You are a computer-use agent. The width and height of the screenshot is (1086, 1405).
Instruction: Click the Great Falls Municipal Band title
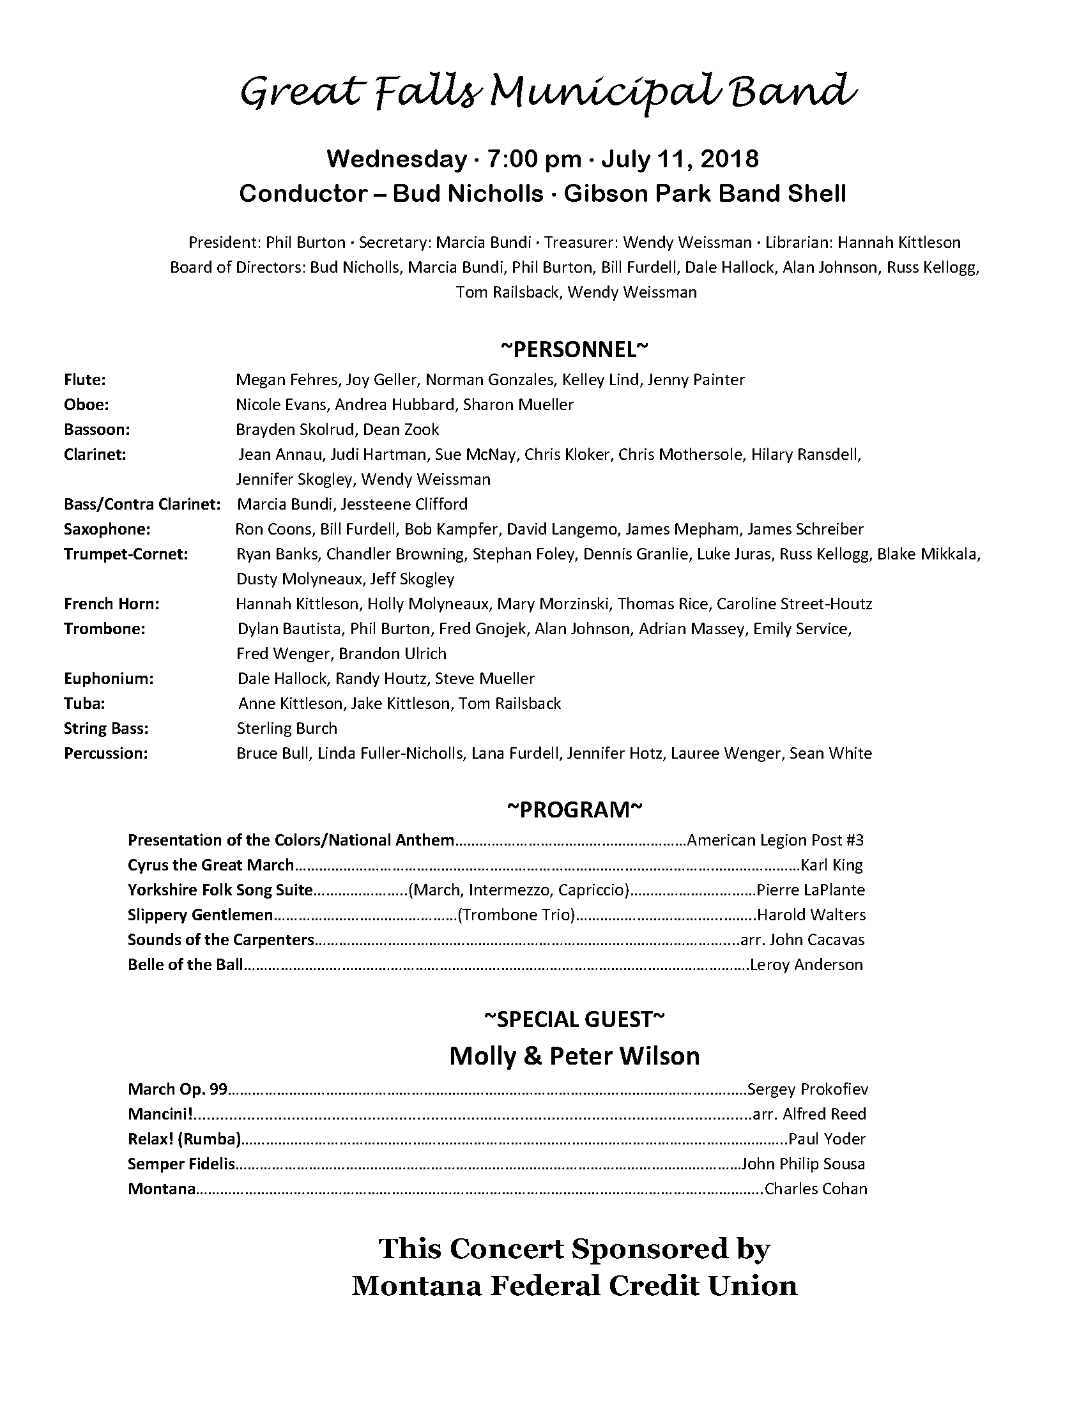pyautogui.click(x=548, y=92)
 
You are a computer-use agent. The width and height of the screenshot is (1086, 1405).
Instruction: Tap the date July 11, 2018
pyautogui.click(x=680, y=159)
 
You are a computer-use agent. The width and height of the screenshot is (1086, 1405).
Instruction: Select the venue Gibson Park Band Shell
pyautogui.click(x=705, y=194)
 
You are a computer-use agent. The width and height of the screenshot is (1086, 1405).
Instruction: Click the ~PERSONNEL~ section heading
pyautogui.click(x=574, y=349)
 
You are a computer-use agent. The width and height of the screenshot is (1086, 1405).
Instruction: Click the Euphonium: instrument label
pyautogui.click(x=109, y=679)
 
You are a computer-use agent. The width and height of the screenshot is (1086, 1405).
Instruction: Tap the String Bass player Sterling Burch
pyautogui.click(x=287, y=729)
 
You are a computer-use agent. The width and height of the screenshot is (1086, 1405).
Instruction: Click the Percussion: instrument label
pyautogui.click(x=105, y=754)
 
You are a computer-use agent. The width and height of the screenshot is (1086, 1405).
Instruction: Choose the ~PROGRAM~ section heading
pyautogui.click(x=574, y=810)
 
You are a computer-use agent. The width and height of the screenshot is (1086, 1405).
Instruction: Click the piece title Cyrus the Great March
pyautogui.click(x=211, y=865)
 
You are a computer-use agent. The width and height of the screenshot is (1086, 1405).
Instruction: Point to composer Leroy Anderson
pyautogui.click(x=807, y=964)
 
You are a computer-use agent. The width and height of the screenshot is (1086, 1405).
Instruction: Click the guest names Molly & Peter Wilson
pyautogui.click(x=574, y=1056)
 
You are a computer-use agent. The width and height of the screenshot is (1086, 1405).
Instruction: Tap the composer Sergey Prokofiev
pyautogui.click(x=807, y=1089)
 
